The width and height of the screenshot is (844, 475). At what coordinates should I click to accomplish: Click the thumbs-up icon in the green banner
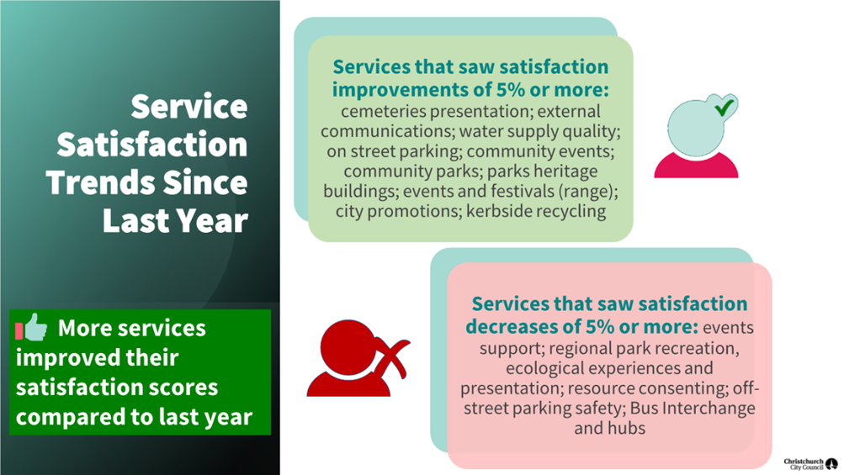click(32, 327)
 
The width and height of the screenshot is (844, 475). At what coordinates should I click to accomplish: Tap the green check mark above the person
click(725, 107)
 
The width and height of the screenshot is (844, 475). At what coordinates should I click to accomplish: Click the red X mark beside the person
click(394, 358)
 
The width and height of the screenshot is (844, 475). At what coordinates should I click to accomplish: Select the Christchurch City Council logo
click(810, 464)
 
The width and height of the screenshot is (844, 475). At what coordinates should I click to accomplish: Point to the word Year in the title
click(213, 220)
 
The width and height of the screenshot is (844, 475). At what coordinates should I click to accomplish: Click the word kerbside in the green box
click(499, 211)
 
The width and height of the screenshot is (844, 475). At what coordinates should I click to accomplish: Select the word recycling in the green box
click(571, 212)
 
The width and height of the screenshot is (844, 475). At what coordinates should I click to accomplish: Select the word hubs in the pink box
click(628, 428)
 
